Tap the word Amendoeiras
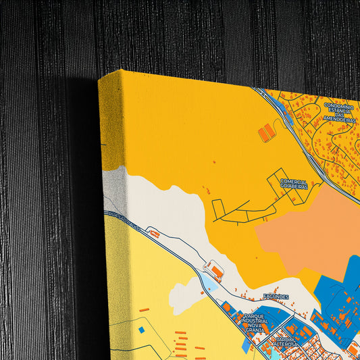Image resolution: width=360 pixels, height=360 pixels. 338,119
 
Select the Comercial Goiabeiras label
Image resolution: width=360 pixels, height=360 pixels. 294,184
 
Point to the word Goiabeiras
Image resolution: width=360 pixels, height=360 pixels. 294,186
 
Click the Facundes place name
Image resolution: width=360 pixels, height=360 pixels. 277,297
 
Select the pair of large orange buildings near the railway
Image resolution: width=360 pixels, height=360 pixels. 267,132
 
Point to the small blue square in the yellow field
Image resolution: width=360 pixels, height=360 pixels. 141,330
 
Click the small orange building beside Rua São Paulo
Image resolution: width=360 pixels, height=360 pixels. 155,234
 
